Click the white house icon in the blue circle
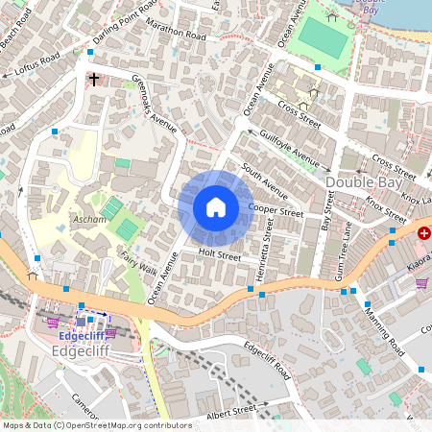click(x=216, y=207)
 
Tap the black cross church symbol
click(x=94, y=80)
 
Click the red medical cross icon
click(x=423, y=233)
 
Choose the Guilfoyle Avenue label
click(x=289, y=144)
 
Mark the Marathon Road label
click(x=177, y=32)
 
